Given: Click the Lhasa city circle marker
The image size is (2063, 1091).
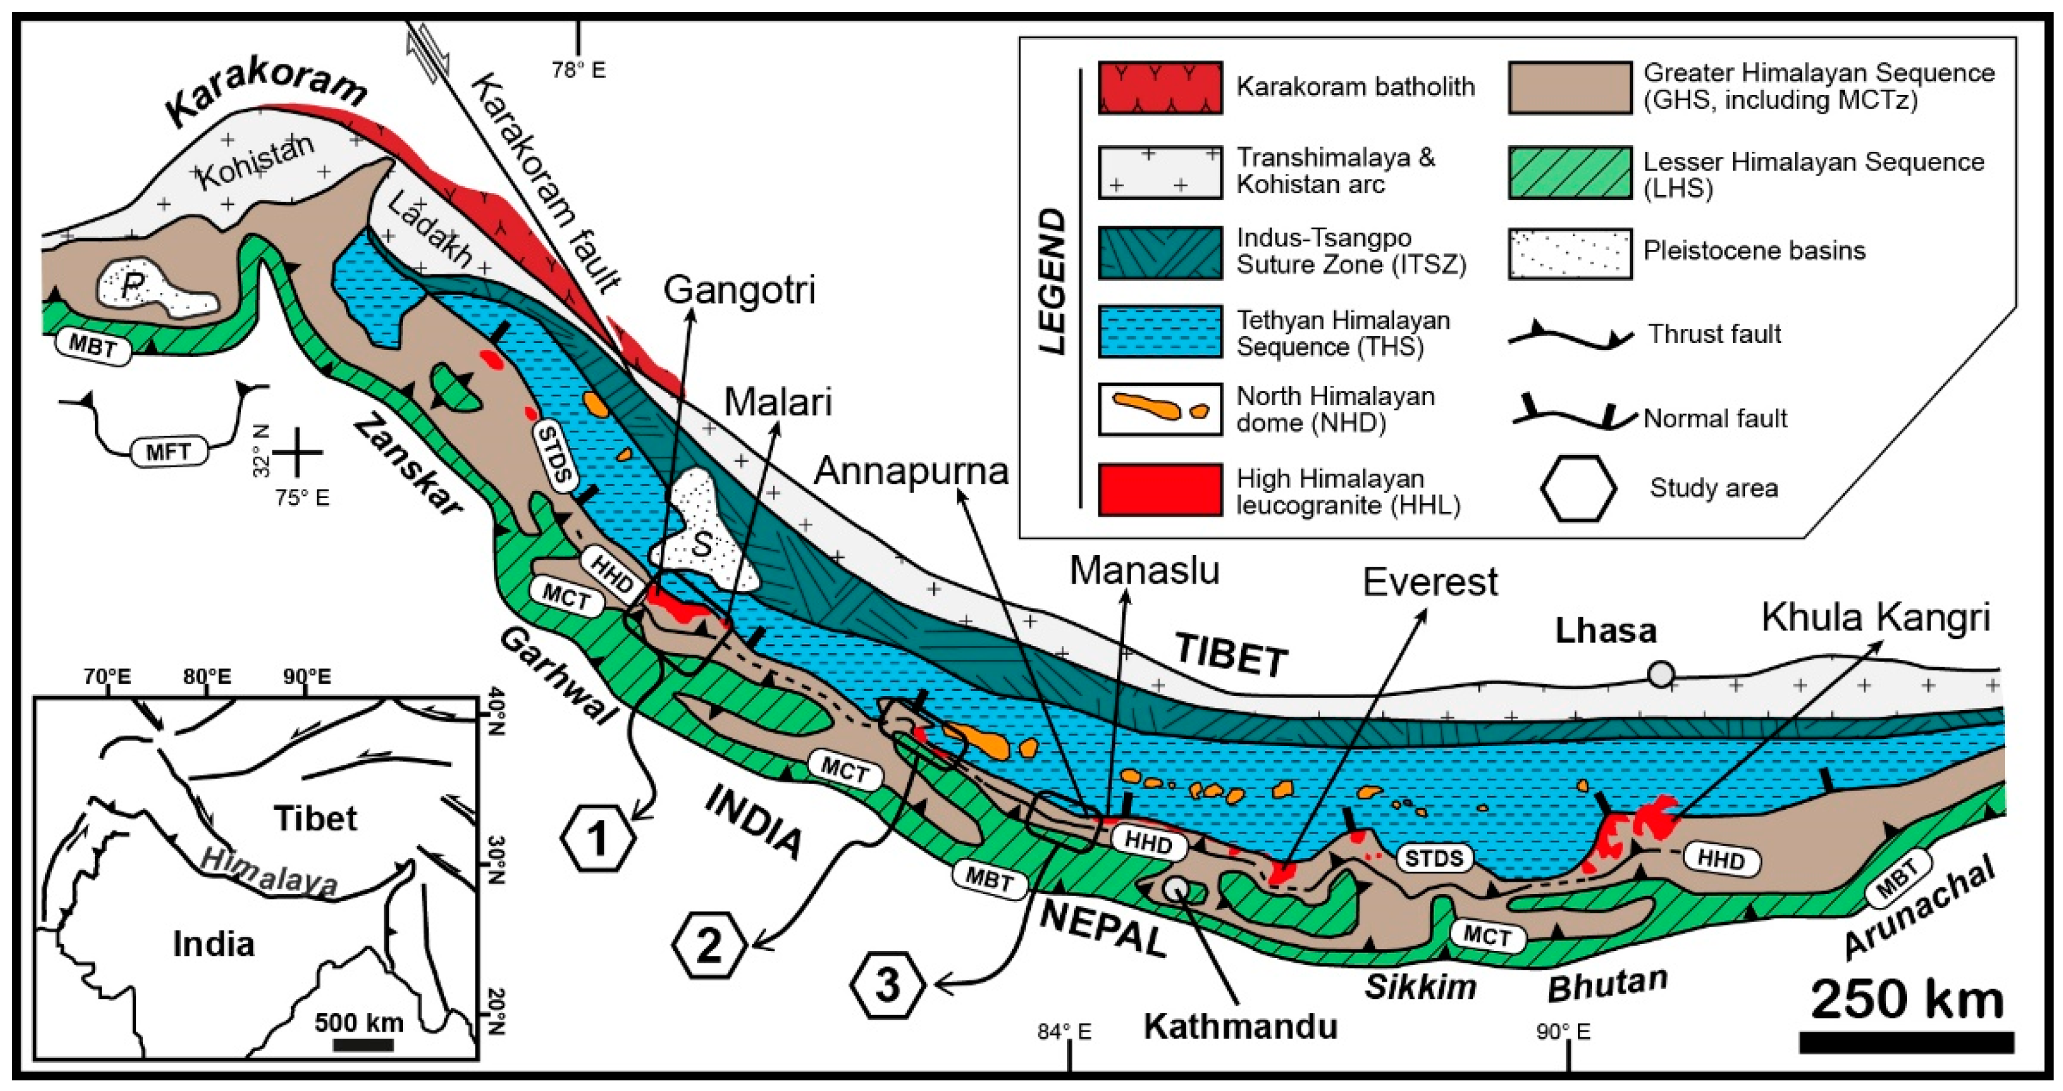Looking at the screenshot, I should (1661, 674).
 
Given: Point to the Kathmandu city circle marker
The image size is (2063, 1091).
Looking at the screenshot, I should (1177, 887).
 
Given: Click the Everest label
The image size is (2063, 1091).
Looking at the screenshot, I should (1429, 582).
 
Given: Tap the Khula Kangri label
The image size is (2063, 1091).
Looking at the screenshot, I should (1876, 617).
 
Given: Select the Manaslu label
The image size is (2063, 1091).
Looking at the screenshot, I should (1145, 571).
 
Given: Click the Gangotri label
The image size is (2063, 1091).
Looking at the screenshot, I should (739, 290).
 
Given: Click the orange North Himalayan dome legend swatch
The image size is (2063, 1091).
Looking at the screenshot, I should (1160, 409).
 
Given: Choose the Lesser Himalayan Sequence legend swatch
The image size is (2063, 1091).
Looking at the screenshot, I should (1569, 172).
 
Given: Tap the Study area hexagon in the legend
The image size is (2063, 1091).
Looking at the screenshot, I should (1578, 489).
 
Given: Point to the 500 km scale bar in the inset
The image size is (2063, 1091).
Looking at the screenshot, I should (363, 1045).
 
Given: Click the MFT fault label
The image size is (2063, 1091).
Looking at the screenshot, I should (168, 452).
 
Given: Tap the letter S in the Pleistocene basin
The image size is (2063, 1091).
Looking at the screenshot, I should (702, 545).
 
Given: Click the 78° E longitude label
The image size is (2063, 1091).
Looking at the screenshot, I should (578, 71).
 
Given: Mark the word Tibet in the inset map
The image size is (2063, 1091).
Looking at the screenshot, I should (315, 818).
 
